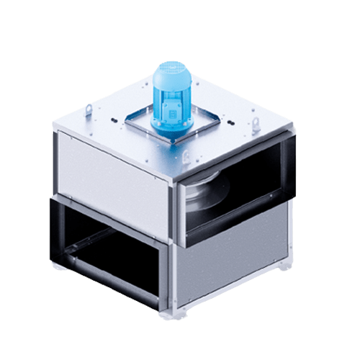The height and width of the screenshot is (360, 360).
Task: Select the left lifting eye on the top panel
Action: (x=87, y=109)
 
